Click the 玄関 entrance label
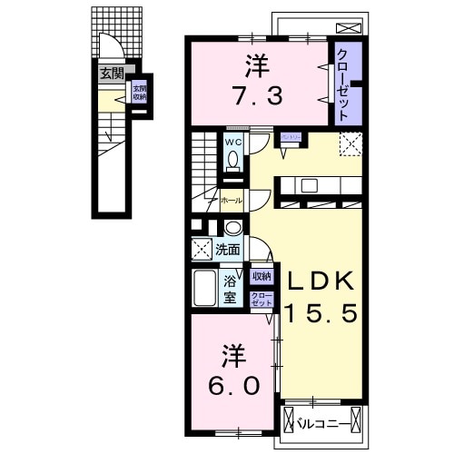111,74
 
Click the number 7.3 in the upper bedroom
255,94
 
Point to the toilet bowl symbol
233,161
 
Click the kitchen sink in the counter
308,185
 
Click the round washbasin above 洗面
232,229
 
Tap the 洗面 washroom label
228,248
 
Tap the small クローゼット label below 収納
261,299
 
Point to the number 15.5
325,314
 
